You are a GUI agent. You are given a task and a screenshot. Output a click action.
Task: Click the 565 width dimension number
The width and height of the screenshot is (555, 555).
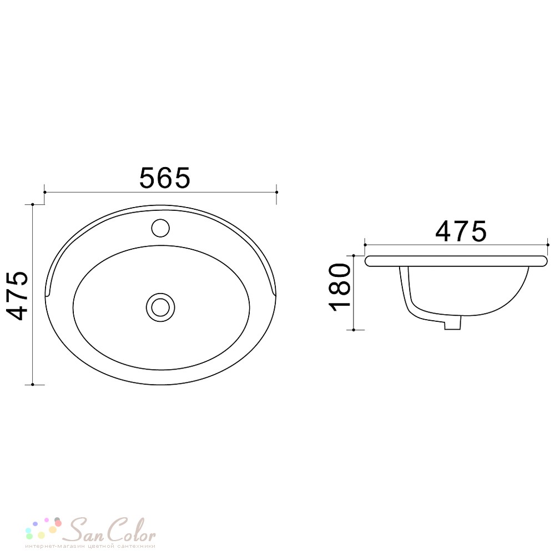click(x=165, y=178)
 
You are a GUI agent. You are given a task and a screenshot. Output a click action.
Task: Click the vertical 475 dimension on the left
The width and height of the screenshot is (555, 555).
click(x=17, y=296)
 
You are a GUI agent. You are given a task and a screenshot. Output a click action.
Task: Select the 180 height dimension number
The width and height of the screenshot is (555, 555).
click(x=340, y=287)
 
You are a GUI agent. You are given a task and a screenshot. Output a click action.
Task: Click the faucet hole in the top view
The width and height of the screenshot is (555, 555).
click(x=160, y=228)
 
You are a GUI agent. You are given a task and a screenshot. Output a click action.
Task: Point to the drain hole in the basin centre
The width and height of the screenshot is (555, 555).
click(x=160, y=307)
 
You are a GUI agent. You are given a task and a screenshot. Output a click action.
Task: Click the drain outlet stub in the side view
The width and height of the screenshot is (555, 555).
click(x=453, y=322)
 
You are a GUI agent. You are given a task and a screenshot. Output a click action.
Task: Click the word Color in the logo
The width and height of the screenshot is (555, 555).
click(x=131, y=530)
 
